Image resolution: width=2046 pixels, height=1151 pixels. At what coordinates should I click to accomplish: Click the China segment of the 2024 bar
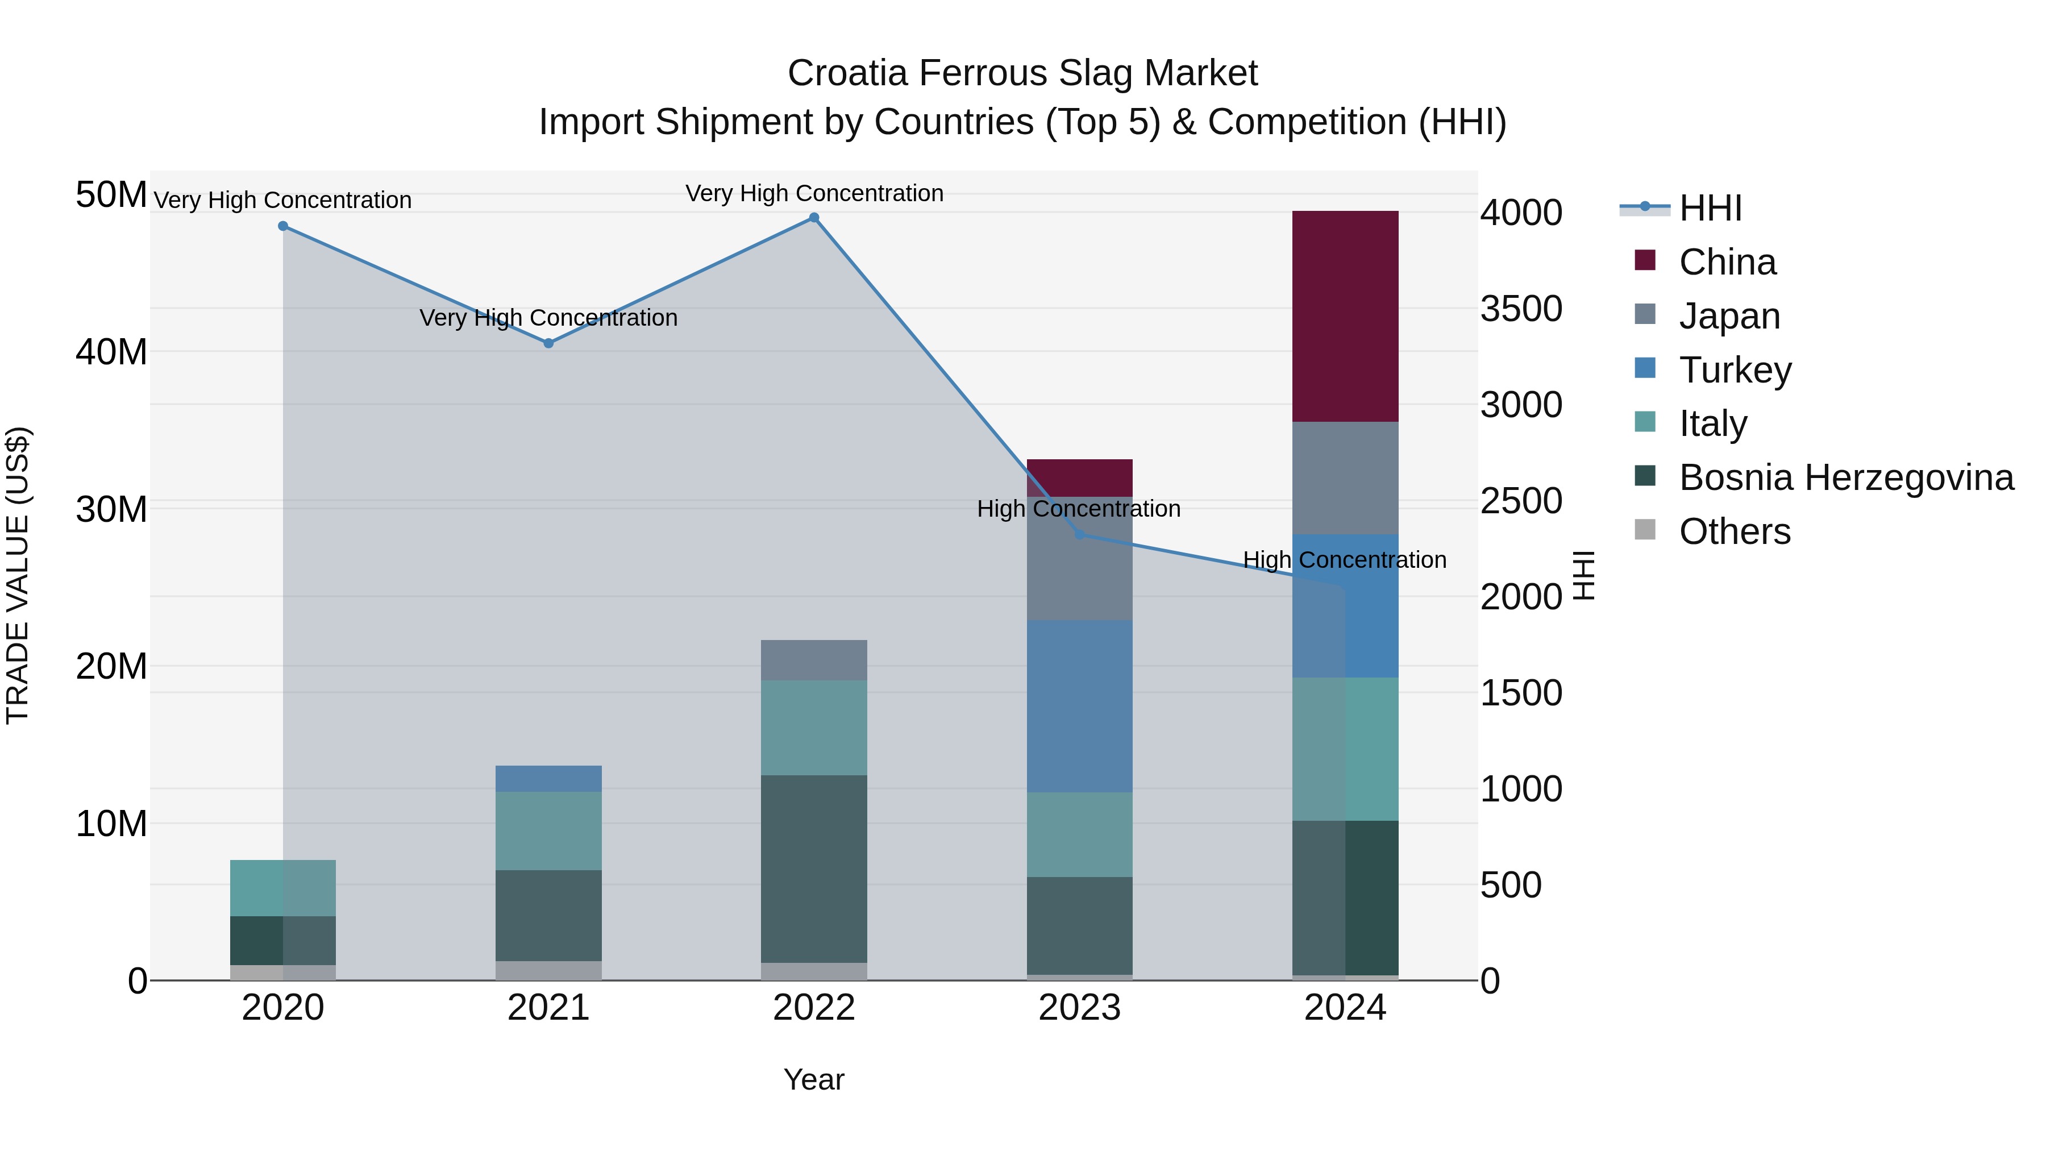1345,316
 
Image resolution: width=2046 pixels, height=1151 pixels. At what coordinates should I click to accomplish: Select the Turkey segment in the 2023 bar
1079,705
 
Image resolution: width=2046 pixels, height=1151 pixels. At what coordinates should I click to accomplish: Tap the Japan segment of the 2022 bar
814,659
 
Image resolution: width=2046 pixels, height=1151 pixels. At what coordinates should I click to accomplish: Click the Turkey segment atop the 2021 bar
548,779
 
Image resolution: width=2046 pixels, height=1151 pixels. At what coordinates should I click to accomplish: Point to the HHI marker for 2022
814,218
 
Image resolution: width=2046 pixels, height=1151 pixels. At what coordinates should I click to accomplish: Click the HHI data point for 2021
548,343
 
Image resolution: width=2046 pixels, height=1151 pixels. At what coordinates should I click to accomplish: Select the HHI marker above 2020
283,226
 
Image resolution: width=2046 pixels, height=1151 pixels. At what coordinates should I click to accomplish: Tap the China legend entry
1727,262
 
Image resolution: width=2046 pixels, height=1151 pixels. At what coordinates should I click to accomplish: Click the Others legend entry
1734,531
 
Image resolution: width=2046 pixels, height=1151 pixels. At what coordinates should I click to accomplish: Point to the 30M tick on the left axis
111,509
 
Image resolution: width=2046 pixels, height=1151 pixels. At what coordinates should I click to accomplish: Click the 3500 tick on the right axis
1521,309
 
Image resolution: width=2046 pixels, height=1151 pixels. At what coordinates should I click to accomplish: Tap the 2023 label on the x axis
1079,1008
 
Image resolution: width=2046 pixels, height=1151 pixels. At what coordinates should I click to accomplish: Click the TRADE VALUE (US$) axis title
18,575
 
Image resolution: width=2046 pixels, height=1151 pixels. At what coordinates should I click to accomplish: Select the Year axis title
814,1079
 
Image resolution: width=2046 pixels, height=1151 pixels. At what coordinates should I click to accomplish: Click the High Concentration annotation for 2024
1344,560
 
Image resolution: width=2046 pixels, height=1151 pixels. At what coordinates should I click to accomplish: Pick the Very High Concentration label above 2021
548,318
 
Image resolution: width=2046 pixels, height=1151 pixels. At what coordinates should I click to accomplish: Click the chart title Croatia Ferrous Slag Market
1022,73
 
